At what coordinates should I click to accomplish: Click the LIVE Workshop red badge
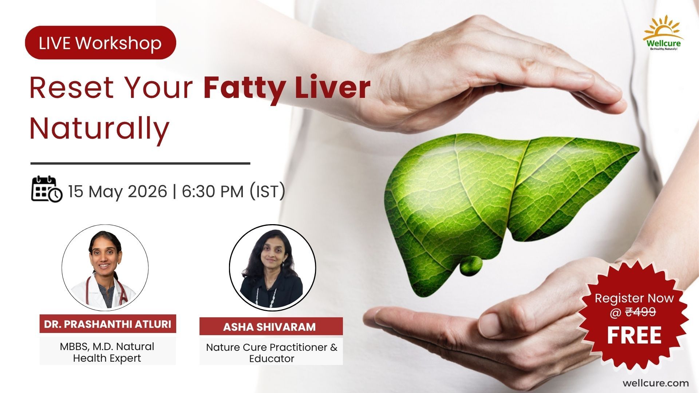100,43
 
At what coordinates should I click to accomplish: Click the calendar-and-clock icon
47,189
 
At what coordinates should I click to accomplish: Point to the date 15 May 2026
118,191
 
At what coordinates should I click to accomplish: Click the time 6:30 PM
213,191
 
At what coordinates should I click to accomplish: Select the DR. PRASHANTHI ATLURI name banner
108,324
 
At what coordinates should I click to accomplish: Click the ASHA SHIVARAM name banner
271,326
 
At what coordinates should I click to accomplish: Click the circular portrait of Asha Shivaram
272,268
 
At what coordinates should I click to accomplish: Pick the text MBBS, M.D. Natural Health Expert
107,352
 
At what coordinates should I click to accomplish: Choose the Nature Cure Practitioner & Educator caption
272,353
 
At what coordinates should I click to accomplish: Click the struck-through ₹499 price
641,312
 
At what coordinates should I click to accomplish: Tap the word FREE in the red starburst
634,335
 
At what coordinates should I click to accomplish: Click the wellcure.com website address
656,383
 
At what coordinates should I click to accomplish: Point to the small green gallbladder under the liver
471,265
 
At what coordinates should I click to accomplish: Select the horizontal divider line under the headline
140,163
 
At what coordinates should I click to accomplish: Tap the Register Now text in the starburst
634,298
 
